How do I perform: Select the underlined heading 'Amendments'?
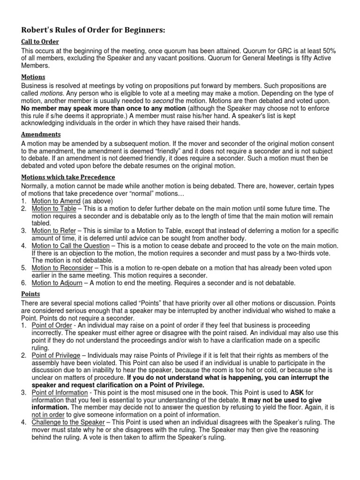point(41,134)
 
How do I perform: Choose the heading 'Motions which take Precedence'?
point(68,177)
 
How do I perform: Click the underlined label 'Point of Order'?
point(52,325)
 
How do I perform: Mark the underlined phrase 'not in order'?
point(48,415)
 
